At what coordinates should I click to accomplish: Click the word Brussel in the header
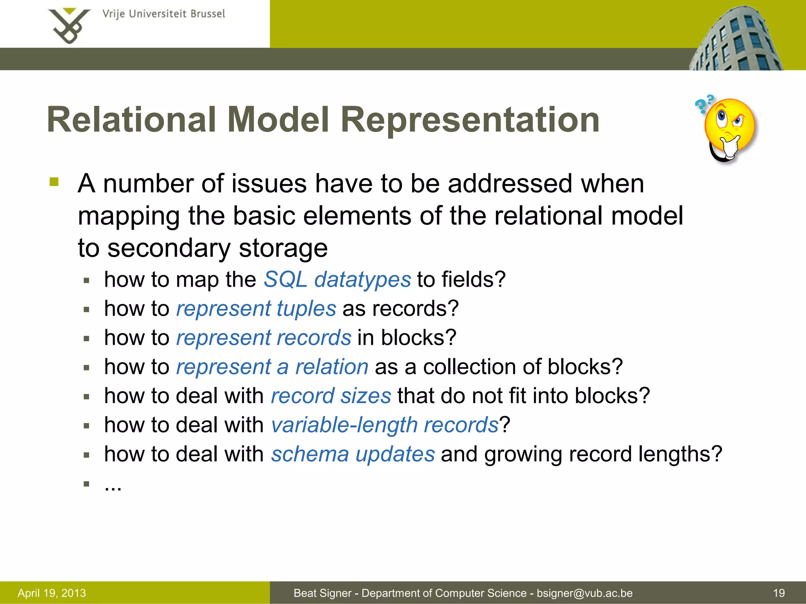coord(208,14)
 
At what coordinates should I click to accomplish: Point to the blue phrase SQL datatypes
coord(337,280)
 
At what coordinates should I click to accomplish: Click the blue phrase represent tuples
coord(256,309)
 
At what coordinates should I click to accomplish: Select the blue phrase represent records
coord(264,338)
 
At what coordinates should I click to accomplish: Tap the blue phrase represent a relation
coord(272,367)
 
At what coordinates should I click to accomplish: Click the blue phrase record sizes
coord(331,396)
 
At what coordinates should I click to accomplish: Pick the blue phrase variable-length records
coord(385,425)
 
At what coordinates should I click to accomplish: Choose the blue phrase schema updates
coord(353,454)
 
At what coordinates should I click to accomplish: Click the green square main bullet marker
coord(54,182)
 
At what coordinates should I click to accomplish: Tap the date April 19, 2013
coord(52,593)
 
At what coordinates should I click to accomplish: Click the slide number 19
coord(779,593)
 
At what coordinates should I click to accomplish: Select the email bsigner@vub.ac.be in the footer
coord(584,593)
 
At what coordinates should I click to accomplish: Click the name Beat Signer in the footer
coord(322,593)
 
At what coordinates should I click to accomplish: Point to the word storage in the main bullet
coord(283,249)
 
